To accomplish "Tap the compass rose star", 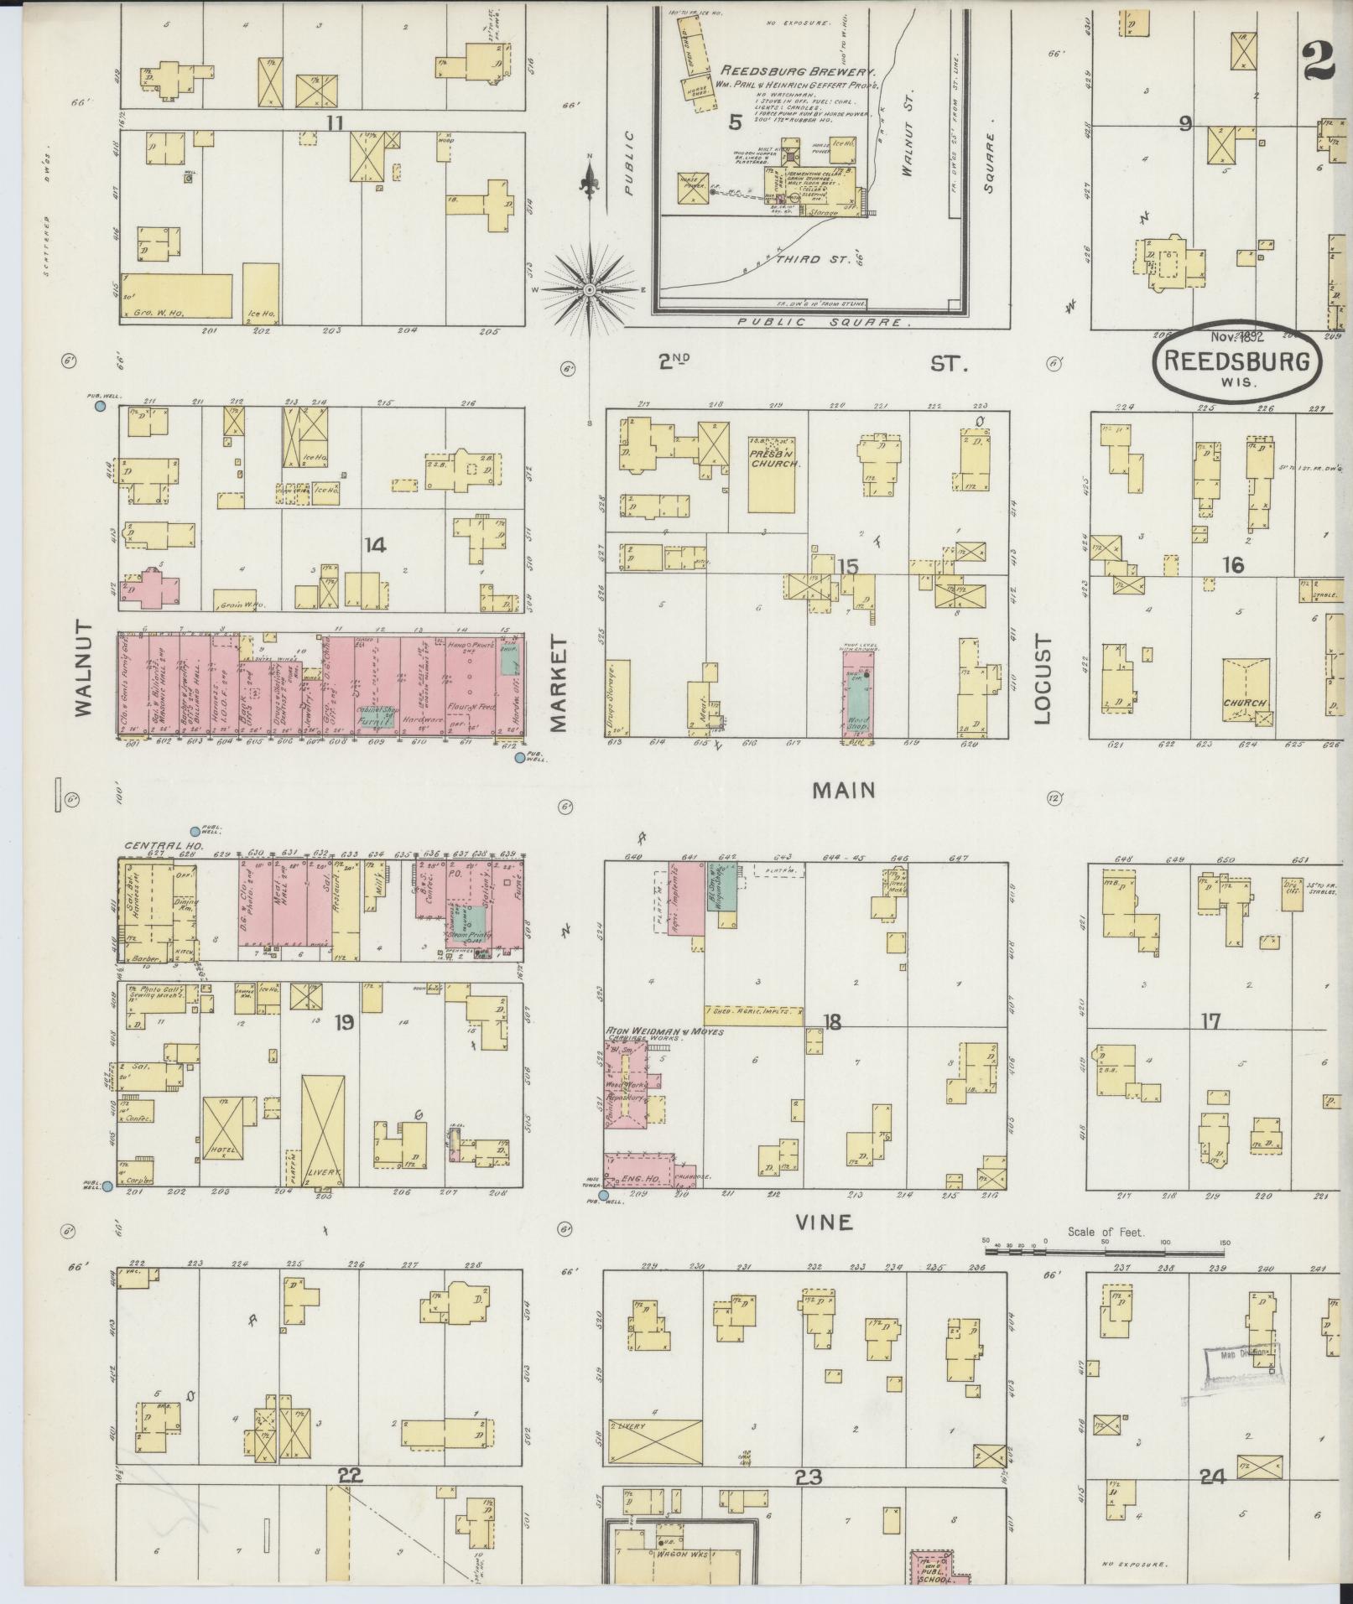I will (x=590, y=289).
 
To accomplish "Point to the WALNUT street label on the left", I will (x=84, y=668).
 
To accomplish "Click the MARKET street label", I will (x=558, y=683).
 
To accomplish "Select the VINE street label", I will (x=824, y=1222).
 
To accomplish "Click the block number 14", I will (x=375, y=546).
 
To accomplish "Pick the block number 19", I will (x=343, y=1022).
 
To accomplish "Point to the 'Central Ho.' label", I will (x=164, y=847).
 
